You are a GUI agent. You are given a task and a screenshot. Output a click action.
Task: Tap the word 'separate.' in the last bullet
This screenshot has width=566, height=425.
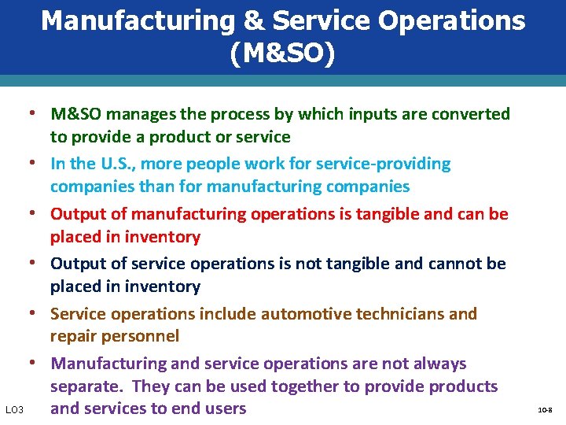[x=86, y=386]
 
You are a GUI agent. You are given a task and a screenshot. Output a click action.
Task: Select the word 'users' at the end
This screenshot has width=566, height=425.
[x=225, y=408]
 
